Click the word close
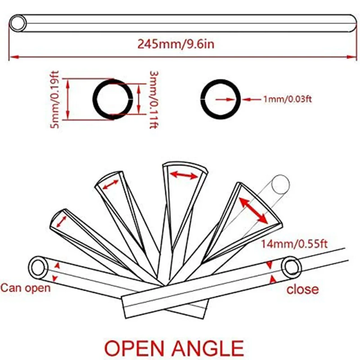(x=302, y=289)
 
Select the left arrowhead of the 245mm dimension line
(x=13, y=57)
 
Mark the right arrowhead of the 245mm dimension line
(x=354, y=57)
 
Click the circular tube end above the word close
(x=292, y=267)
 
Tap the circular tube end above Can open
(x=39, y=267)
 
